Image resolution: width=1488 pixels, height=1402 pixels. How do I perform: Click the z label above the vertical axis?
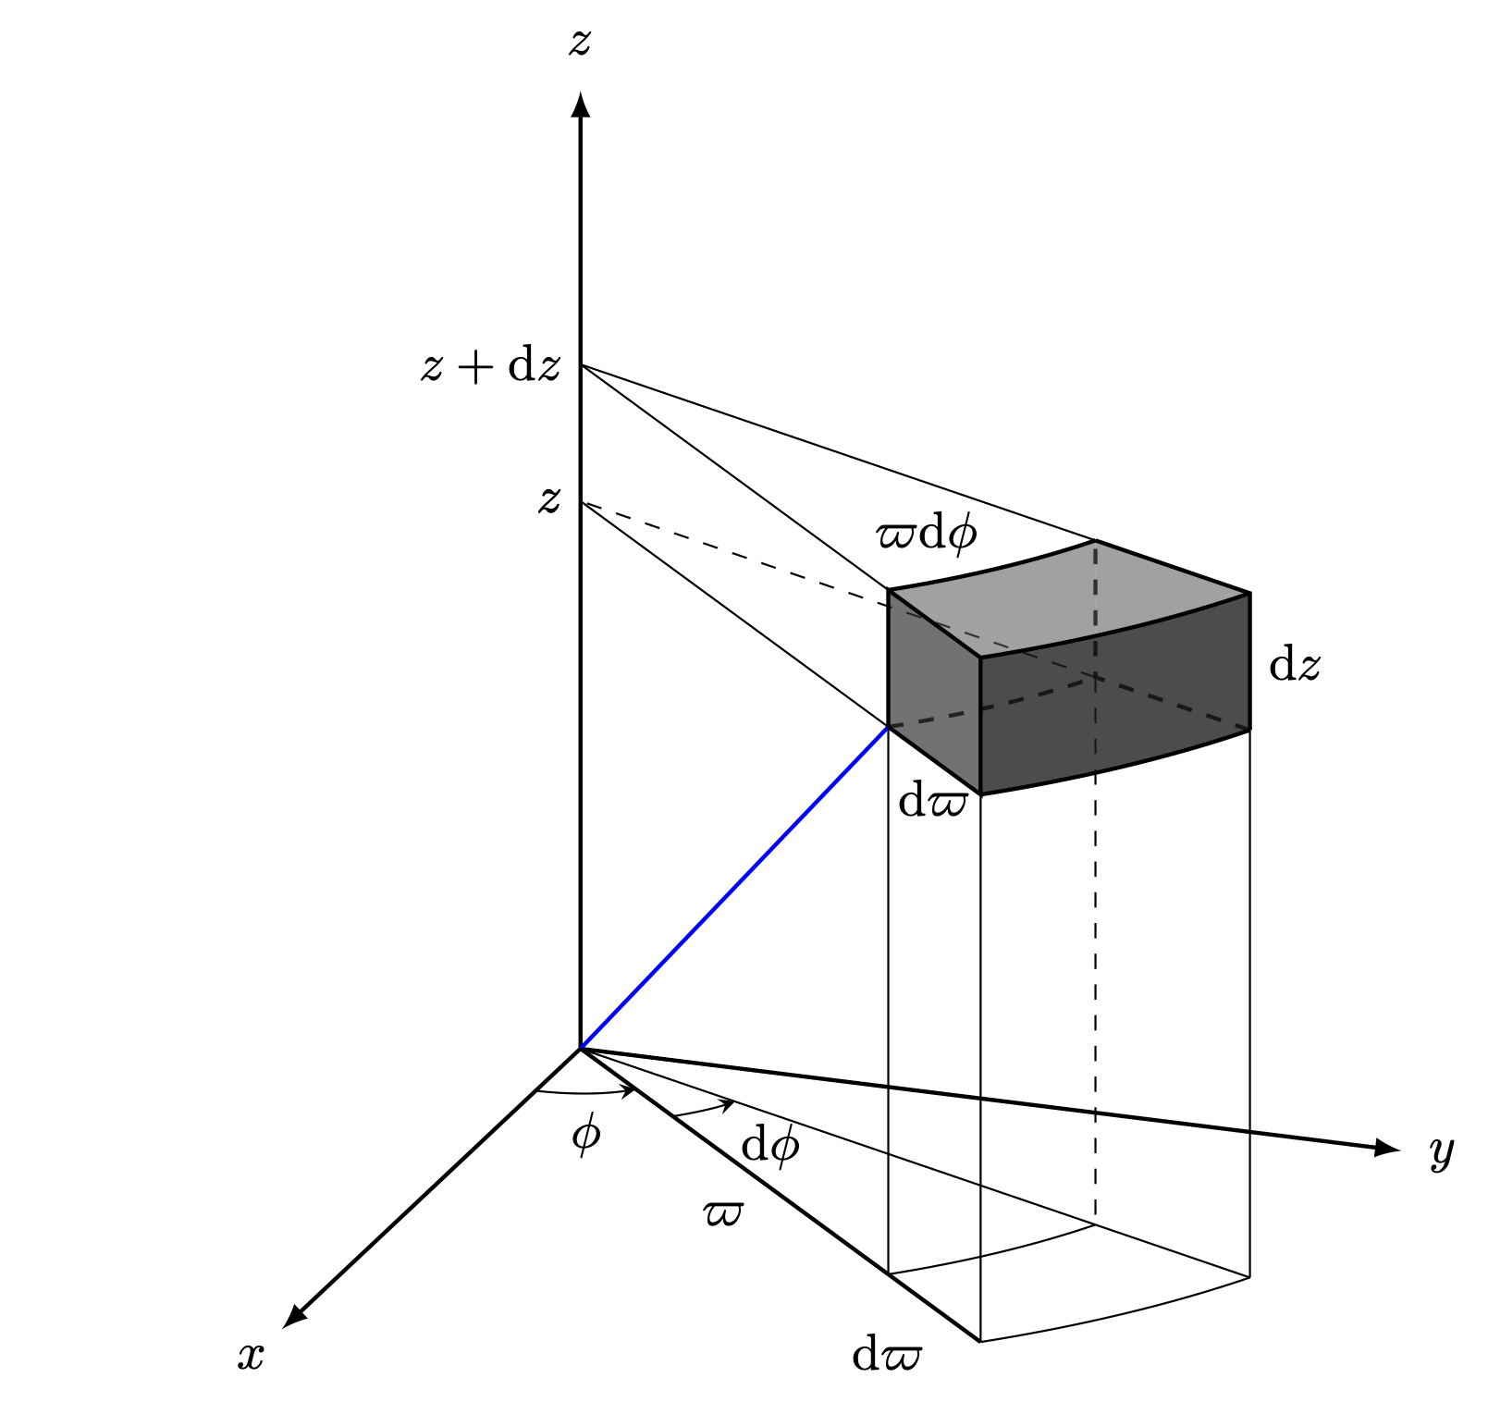[x=579, y=43]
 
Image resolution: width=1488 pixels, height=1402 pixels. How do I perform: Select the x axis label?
[x=251, y=1356]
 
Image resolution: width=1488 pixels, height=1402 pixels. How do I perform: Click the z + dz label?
[x=490, y=367]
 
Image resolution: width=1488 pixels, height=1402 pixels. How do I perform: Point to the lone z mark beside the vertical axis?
[x=549, y=500]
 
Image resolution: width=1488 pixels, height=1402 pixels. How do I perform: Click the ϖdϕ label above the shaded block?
[x=926, y=535]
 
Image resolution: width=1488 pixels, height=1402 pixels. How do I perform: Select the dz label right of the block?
[x=1294, y=665]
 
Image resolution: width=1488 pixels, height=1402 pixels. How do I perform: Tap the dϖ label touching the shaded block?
[x=932, y=801]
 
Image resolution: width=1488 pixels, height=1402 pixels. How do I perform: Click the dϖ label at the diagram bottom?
[x=886, y=1356]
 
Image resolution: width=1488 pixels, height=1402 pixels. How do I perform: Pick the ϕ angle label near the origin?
[x=585, y=1134]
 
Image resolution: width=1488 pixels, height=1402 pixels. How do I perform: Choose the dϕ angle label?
[x=769, y=1147]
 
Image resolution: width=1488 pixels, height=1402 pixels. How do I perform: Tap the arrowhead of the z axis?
[x=580, y=104]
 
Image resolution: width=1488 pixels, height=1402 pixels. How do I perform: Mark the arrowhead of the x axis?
[x=293, y=1316]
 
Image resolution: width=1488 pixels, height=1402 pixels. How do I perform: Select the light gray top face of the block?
[x=1064, y=596]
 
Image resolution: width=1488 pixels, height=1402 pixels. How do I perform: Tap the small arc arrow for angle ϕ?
[x=587, y=1095]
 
